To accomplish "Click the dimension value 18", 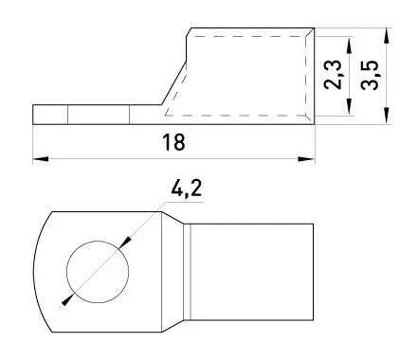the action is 173,142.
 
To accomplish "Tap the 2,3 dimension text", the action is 333,75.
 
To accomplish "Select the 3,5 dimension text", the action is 370,75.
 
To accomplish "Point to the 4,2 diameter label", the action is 186,189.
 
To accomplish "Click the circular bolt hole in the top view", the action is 98,272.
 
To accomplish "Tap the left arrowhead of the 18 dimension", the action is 41,159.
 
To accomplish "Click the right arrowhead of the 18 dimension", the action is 306,159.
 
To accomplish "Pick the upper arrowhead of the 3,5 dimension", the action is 387,36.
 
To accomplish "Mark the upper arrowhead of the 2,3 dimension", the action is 349,45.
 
